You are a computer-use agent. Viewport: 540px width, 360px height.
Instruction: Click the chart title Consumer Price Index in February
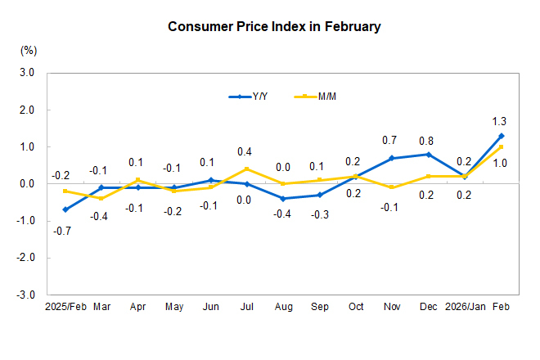pyautogui.click(x=274, y=26)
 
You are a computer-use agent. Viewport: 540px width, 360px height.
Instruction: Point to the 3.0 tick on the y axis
pyautogui.click(x=27, y=73)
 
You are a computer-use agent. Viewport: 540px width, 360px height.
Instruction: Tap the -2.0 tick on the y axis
pyautogui.click(x=25, y=258)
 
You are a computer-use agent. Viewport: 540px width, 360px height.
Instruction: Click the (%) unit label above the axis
pyautogui.click(x=28, y=51)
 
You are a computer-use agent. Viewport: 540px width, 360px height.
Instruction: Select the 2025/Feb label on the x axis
pyautogui.click(x=65, y=307)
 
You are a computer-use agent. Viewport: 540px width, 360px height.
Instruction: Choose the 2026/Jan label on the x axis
pyautogui.click(x=464, y=307)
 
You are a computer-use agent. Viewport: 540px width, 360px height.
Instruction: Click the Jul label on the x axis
pyautogui.click(x=245, y=307)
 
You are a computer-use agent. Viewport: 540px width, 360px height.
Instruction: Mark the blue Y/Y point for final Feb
pyautogui.click(x=502, y=136)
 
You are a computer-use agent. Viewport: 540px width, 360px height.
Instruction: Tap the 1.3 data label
pyautogui.click(x=498, y=119)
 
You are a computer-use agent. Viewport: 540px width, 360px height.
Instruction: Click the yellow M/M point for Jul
pyautogui.click(x=246, y=169)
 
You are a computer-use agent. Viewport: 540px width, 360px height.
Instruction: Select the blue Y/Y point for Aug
pyautogui.click(x=283, y=199)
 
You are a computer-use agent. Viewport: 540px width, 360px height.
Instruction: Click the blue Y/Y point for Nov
pyautogui.click(x=392, y=158)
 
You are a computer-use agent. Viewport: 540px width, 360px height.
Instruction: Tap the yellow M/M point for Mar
pyautogui.click(x=101, y=199)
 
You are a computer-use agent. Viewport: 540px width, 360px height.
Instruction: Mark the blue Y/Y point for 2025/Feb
pyautogui.click(x=65, y=209)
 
